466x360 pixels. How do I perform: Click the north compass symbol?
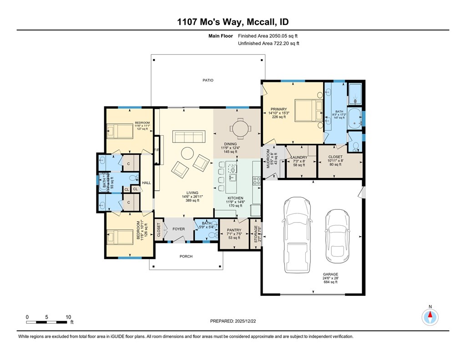pyautogui.click(x=430, y=316)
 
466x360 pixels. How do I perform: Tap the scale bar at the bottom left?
pyautogui.click(x=47, y=322)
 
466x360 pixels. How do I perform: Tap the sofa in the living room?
pyautogui.click(x=189, y=137)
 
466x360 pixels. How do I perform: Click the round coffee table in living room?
pyautogui.click(x=187, y=153)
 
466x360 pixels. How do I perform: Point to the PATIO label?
pyautogui.click(x=208, y=81)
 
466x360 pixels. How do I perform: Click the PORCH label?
pyautogui.click(x=186, y=257)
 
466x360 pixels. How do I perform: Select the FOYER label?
pyautogui.click(x=178, y=229)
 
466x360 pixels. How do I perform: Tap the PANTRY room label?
pyautogui.click(x=234, y=230)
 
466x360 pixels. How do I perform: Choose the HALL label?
pyautogui.click(x=146, y=183)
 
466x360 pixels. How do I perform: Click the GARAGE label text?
pyautogui.click(x=330, y=274)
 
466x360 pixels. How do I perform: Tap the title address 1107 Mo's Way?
pyautogui.click(x=233, y=22)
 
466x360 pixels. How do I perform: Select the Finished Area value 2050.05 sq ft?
pyautogui.click(x=268, y=35)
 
